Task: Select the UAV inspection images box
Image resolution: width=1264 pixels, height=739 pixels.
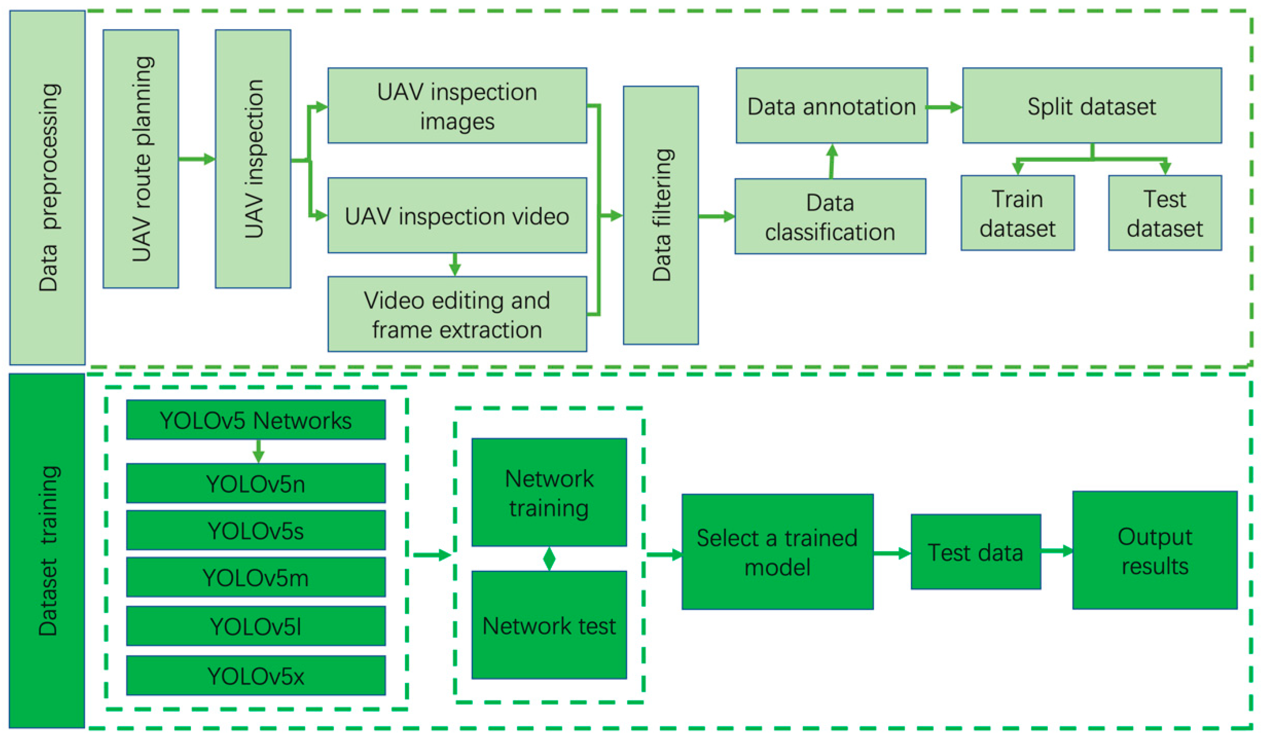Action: (457, 106)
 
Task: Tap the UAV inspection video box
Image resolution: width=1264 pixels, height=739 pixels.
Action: (457, 216)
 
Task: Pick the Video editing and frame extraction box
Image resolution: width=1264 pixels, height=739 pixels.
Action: (457, 314)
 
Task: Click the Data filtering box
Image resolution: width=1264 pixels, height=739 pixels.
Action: (661, 216)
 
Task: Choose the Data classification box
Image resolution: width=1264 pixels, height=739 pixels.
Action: (830, 216)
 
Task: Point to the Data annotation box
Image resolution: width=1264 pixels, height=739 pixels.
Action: (831, 106)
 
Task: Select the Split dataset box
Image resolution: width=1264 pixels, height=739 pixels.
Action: (1092, 106)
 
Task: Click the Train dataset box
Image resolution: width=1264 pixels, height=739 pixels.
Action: (1017, 213)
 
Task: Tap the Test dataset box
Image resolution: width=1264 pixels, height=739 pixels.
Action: (1165, 213)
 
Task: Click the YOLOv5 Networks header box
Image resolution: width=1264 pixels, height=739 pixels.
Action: (256, 420)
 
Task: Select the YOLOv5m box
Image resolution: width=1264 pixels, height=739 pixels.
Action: (256, 578)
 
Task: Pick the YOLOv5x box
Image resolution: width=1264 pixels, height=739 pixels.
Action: (256, 676)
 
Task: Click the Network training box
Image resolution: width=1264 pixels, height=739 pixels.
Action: (549, 492)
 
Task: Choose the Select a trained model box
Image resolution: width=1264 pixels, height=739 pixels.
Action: (777, 552)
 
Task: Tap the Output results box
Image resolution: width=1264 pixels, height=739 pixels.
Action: (1155, 550)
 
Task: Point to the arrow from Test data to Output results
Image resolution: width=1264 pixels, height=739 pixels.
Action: (1056, 551)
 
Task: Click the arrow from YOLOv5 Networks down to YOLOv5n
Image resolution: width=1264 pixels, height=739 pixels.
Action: (258, 451)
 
